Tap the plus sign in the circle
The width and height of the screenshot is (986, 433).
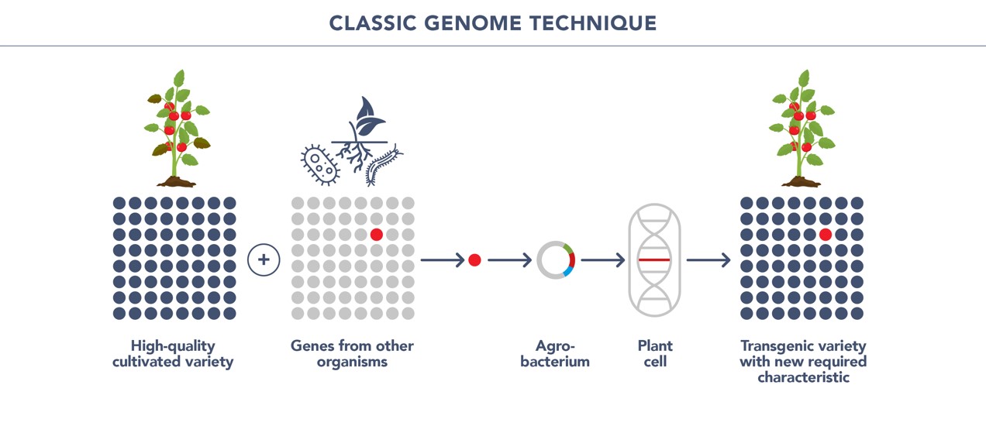click(x=264, y=259)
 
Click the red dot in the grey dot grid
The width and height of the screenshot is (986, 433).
click(x=377, y=235)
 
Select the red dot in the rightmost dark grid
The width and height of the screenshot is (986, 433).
click(x=826, y=235)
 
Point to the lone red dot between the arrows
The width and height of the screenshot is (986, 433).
click(x=474, y=260)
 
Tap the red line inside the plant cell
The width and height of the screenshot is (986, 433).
click(x=654, y=260)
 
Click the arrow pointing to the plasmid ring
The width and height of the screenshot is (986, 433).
click(x=510, y=260)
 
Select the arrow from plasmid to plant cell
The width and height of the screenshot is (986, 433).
click(x=603, y=260)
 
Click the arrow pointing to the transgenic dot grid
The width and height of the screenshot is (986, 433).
click(x=708, y=260)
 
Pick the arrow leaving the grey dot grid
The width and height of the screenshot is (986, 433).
click(x=443, y=260)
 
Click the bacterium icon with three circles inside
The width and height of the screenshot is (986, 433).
click(x=320, y=164)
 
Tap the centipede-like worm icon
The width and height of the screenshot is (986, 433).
click(x=383, y=166)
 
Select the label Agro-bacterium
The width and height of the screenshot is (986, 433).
click(x=555, y=353)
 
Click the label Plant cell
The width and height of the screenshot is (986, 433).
click(x=655, y=353)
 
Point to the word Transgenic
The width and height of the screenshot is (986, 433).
click(x=774, y=346)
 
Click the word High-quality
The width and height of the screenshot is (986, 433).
click(x=173, y=346)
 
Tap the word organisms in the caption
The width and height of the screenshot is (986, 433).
click(x=352, y=363)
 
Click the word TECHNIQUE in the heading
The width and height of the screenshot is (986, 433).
click(x=593, y=23)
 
